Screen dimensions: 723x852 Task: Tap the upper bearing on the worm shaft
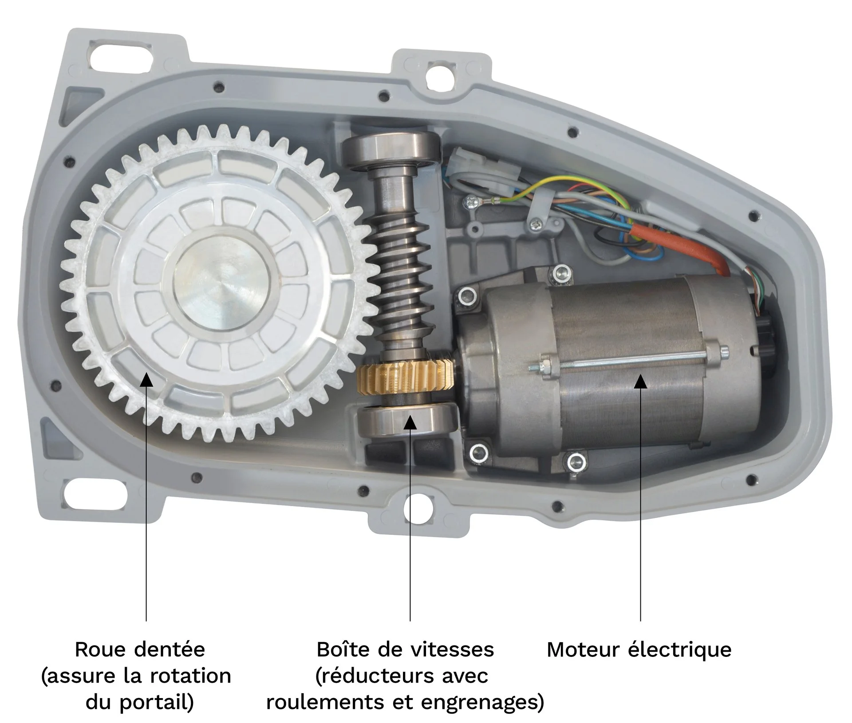[x=393, y=152]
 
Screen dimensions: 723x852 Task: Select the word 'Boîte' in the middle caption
[x=343, y=650]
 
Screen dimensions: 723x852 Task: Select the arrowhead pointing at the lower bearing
[x=410, y=422]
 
